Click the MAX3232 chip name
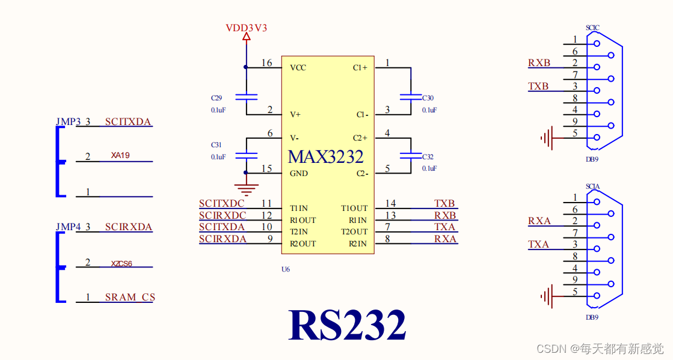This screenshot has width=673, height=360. pos(325,156)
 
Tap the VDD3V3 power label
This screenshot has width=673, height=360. pos(246,28)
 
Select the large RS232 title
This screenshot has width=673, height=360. pos(347,325)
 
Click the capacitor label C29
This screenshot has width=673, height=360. pos(217,97)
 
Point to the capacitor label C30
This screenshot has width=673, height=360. pos(428,97)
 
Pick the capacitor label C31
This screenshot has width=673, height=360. pos(217,145)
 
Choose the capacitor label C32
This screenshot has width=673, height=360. pos(428,156)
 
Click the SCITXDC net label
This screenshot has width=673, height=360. pos(222,204)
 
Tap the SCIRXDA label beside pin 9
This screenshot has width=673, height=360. pos(223,239)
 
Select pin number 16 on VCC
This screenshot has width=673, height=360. pos(266,63)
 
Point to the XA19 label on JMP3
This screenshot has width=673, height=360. pos(120,155)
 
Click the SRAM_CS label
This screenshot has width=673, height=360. pos(130,297)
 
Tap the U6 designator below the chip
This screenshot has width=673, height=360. pos(286,269)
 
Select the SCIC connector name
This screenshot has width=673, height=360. pos(592,28)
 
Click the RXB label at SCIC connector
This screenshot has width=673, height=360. pos(539,63)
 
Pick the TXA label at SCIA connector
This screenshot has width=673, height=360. pos(539,244)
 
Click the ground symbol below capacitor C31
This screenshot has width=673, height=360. pos(246,190)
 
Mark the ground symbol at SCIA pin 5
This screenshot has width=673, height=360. pos(547,296)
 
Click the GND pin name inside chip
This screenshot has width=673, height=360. pos(299,174)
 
